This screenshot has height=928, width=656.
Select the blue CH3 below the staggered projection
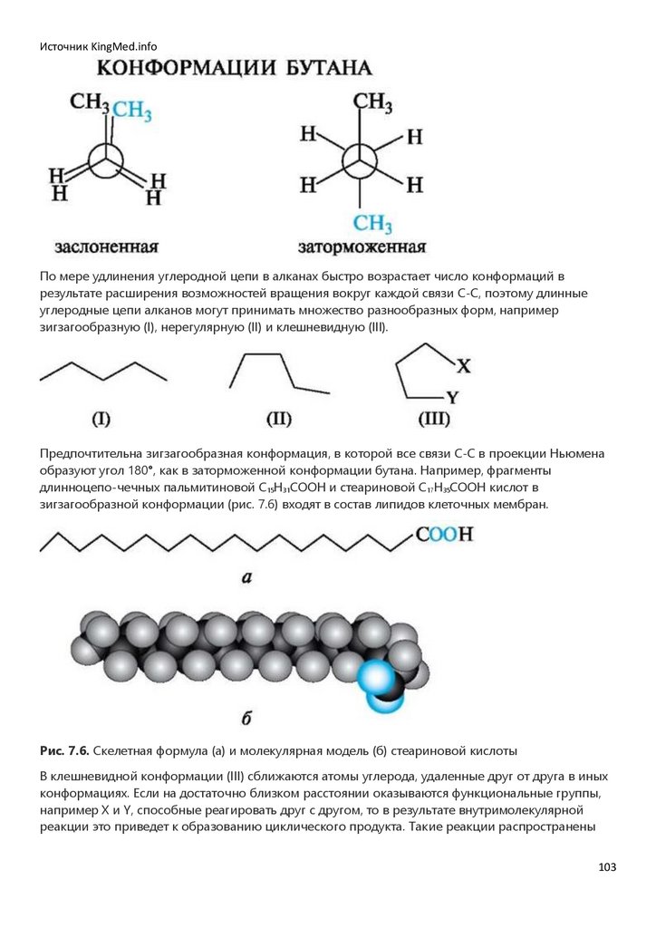(x=372, y=223)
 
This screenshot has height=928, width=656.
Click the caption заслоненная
(x=107, y=246)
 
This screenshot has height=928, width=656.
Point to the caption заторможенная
(x=362, y=246)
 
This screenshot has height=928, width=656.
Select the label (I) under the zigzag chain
(x=101, y=419)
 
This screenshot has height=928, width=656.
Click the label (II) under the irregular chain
(x=278, y=419)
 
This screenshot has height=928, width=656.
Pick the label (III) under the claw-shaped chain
(x=435, y=419)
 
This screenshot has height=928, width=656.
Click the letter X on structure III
(x=463, y=366)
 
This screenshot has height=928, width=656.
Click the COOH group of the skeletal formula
(x=445, y=535)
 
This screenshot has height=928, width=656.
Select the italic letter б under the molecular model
(x=246, y=720)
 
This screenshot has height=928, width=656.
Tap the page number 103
(x=607, y=867)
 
